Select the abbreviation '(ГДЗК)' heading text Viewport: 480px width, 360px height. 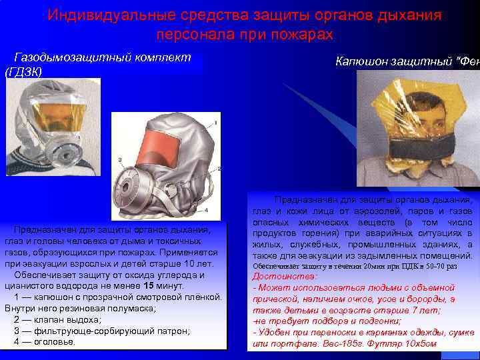click(x=23, y=71)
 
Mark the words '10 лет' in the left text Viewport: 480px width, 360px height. click(x=200, y=264)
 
